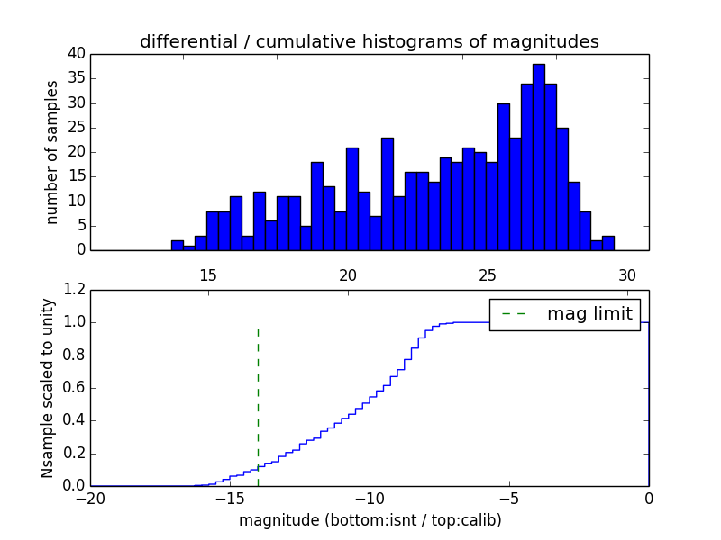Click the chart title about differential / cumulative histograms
pos(369,41)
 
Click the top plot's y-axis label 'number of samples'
pos(52,151)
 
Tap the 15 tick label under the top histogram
pos(208,275)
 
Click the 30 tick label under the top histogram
pos(627,275)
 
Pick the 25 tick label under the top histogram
pos(488,275)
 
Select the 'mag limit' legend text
pos(589,314)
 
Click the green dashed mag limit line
pos(258,396)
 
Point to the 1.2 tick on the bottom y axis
pos(73,289)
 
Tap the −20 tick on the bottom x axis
pos(91,499)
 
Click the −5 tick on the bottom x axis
pos(509,499)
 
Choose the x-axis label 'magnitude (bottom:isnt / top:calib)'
pos(370,520)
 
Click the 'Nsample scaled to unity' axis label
pos(48,387)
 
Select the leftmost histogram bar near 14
pos(178,246)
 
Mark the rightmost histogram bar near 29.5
pos(608,243)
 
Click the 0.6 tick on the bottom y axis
pos(73,388)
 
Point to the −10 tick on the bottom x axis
pos(370,499)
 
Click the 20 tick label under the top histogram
pos(348,275)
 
